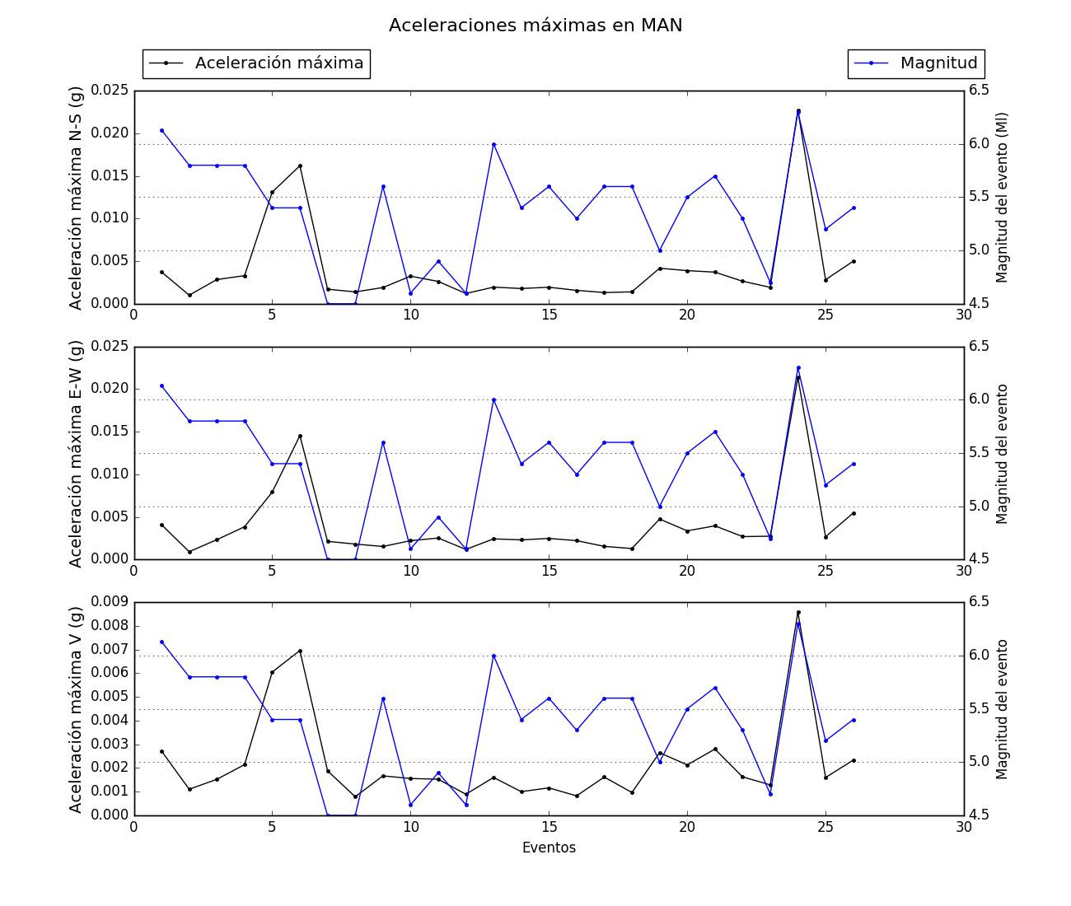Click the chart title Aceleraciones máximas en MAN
click(x=535, y=26)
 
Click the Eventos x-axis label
click(x=549, y=848)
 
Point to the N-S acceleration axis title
click(x=76, y=198)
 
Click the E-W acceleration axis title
click(x=76, y=454)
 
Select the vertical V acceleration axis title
click(x=76, y=709)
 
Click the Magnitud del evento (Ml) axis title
click(x=1003, y=198)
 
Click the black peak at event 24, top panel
click(x=797, y=110)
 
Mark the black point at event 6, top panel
click(x=300, y=166)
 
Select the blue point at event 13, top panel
click(x=493, y=144)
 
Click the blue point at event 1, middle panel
click(x=161, y=385)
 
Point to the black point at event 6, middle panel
click(x=300, y=436)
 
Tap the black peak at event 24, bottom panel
click(x=797, y=612)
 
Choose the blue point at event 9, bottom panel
click(x=383, y=698)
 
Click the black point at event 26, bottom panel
click(x=854, y=760)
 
